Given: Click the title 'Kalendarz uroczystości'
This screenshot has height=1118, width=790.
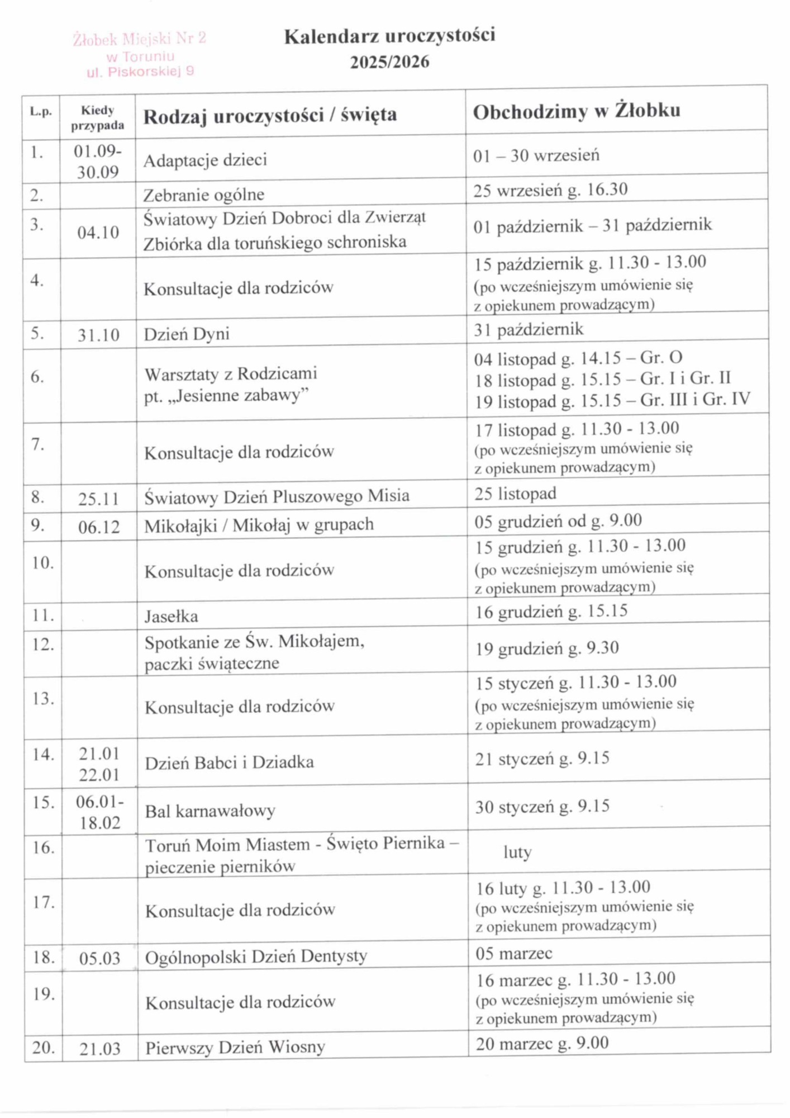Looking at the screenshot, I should [389, 36].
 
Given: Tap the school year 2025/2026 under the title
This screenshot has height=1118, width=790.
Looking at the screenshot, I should [389, 62].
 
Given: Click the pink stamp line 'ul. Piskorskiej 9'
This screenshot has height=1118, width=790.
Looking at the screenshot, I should [140, 72].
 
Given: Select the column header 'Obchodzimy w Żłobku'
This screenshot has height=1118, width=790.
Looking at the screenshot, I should [576, 111].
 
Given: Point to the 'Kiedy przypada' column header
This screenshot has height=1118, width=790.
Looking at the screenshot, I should [98, 118].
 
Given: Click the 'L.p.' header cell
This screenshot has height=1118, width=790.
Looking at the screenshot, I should [41, 112].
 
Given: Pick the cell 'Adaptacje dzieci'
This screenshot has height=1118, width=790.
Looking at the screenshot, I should [205, 160].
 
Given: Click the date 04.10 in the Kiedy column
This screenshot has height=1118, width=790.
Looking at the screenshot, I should [98, 233].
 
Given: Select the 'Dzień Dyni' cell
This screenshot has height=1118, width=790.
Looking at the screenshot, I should [187, 334].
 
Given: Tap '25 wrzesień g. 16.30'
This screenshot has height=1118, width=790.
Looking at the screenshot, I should [550, 190].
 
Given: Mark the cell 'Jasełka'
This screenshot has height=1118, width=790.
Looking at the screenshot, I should [171, 616].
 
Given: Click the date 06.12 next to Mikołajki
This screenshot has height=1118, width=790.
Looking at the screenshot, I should [99, 527].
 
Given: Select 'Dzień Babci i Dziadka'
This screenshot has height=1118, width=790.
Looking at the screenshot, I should [229, 762].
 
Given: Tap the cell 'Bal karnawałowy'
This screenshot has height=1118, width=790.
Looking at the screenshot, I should [210, 811].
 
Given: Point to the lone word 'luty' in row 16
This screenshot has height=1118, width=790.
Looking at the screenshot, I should [517, 852].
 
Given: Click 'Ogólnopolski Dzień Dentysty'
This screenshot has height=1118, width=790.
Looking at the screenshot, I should [256, 957].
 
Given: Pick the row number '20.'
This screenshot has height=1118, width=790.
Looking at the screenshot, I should [43, 1048].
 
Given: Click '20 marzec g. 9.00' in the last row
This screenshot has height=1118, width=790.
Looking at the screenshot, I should [542, 1044].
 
